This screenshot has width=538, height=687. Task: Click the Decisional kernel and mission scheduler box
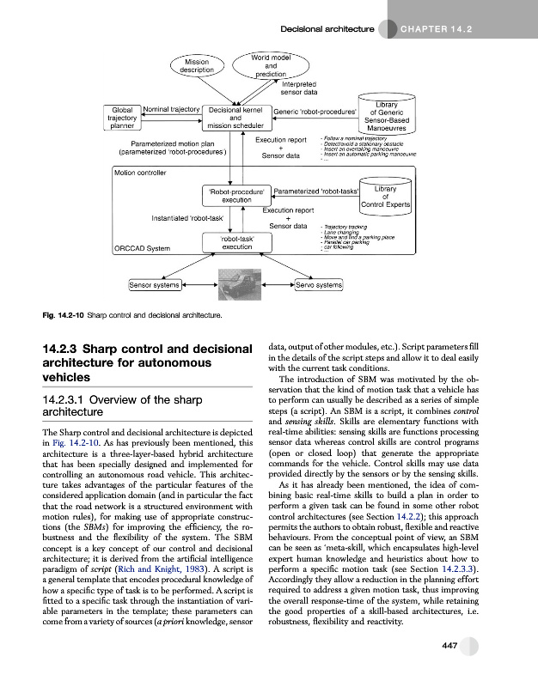tap(235, 119)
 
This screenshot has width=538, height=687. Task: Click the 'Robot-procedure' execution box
tap(236, 195)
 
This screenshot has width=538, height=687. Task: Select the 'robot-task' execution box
tap(236, 242)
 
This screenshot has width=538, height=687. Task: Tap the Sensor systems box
tap(155, 284)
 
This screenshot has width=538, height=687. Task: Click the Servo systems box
tap(318, 284)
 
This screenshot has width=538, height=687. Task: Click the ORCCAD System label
tap(143, 249)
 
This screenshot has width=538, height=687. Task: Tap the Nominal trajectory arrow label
tap(171, 110)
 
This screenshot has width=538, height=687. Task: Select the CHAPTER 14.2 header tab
tap(437, 29)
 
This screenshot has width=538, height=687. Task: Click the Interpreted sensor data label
tap(299, 88)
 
